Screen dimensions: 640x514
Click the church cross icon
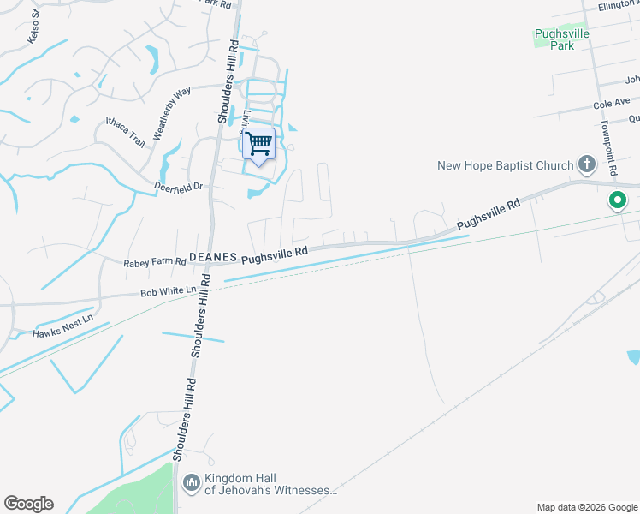tap(587, 163)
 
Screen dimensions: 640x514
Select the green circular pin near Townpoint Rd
tap(616, 202)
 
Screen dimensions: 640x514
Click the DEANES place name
tap(211, 256)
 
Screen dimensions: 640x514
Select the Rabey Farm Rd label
tap(154, 262)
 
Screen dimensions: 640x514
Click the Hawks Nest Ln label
tap(62, 328)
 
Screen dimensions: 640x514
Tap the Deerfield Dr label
tap(177, 186)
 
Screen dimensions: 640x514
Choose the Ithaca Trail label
tap(125, 132)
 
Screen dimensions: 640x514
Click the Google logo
tap(28, 504)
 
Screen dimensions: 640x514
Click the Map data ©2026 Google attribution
tap(586, 507)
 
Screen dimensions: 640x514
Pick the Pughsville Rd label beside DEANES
tap(274, 254)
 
